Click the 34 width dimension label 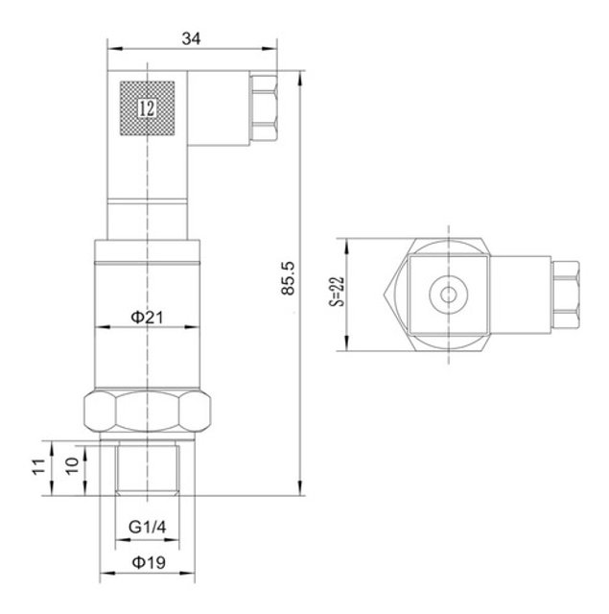tap(191, 38)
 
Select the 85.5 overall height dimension tap(288, 278)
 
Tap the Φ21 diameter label tap(147, 317)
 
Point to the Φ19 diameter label tap(149, 563)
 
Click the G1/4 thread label tap(147, 527)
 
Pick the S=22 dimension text tap(337, 292)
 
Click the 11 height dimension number tap(39, 467)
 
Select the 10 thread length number tap(72, 466)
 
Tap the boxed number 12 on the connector tap(147, 108)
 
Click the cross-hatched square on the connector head tap(147, 108)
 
